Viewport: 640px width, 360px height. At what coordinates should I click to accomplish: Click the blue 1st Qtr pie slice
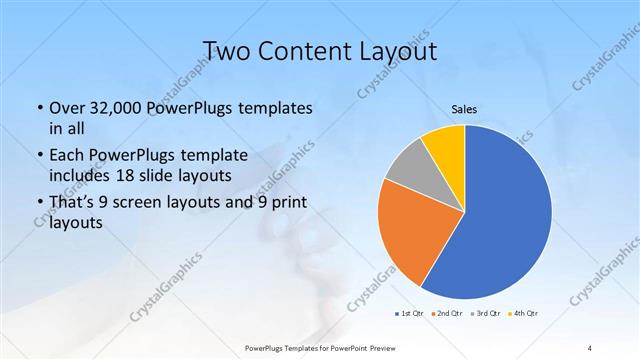pos(510,215)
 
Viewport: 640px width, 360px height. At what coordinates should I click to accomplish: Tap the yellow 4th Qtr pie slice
pos(443,146)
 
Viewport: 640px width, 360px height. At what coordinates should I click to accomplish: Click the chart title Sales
pos(464,110)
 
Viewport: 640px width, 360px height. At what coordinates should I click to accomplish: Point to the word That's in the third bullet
pos(72,203)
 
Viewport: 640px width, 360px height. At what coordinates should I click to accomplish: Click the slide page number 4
pos(590,347)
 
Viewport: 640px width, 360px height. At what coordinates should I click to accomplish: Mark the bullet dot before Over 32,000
pos(39,108)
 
